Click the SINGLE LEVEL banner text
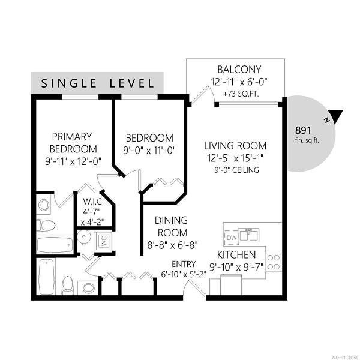tap(97, 83)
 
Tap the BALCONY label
tap(239, 70)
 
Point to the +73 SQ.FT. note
tap(241, 94)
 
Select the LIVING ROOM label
tap(235, 146)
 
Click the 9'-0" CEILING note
tap(237, 170)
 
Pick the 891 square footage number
tap(303, 130)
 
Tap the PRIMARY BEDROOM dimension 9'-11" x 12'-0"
tap(73, 161)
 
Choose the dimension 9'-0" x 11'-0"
tap(149, 151)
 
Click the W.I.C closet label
tap(92, 202)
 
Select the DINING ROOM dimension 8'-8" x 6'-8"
tap(172, 245)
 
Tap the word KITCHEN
tap(236, 254)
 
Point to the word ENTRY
tap(184, 264)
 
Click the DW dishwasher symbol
tap(232, 238)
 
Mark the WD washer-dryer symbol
tap(104, 241)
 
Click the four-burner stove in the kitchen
tap(274, 262)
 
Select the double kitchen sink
tap(249, 235)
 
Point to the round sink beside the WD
tap(83, 238)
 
